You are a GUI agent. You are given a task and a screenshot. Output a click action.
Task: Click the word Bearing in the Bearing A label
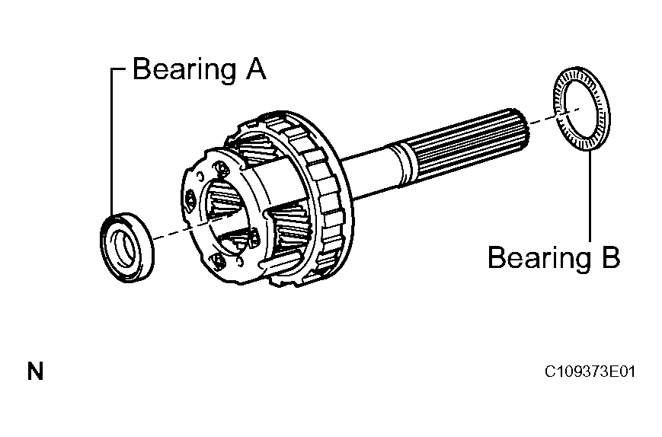184,69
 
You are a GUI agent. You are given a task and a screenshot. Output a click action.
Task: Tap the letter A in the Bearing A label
256,69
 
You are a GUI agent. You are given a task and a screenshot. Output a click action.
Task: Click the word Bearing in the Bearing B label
539,257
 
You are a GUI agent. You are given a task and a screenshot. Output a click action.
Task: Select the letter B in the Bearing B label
610,257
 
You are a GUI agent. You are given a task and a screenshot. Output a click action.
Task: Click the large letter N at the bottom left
36,372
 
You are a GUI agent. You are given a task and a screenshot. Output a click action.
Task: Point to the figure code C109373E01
590,372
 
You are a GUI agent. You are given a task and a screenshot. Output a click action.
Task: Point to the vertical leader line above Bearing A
112,142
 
